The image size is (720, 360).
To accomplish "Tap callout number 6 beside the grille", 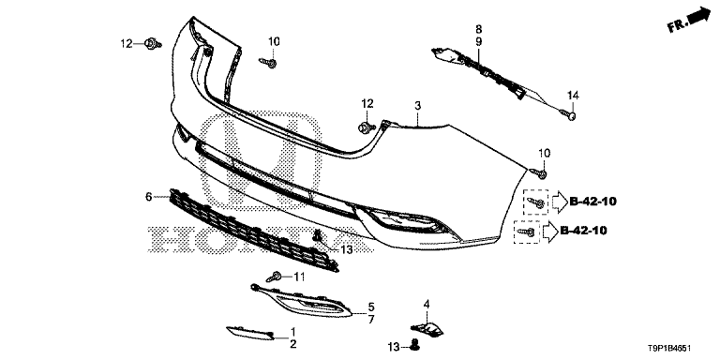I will (x=148, y=197).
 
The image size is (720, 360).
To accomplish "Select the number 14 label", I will (x=574, y=95).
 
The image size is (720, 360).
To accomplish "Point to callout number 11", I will (x=299, y=277).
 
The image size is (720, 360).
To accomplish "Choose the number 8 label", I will (x=478, y=29).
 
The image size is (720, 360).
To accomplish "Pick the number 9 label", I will (x=478, y=42).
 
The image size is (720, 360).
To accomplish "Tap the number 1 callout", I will (x=292, y=332).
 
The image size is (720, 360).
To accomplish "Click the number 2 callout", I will (x=292, y=345).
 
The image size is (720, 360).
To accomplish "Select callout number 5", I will (x=371, y=307).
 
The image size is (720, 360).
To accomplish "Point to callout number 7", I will (x=371, y=320).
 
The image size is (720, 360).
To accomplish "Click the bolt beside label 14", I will (x=568, y=113).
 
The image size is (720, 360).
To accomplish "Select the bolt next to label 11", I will (x=276, y=277).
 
